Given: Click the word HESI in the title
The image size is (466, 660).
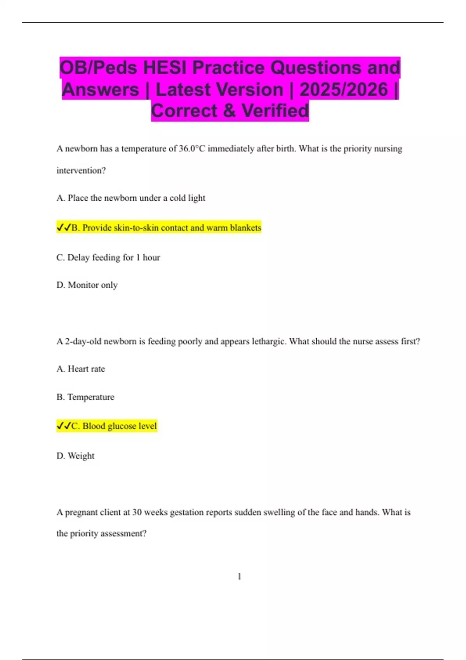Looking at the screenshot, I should [165, 68].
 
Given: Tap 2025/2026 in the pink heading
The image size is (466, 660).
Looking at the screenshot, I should [343, 89].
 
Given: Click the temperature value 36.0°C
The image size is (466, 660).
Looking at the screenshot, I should [192, 149].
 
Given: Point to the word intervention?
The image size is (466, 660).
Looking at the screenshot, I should [81, 170].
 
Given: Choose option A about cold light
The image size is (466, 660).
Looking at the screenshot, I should [131, 198].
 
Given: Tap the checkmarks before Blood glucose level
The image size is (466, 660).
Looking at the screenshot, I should [63, 426].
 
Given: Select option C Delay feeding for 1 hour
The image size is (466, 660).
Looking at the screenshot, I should [108, 257].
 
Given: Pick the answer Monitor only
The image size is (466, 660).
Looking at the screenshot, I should [87, 285].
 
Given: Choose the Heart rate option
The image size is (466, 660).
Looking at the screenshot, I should [81, 369].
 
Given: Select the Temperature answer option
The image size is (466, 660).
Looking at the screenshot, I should [85, 397].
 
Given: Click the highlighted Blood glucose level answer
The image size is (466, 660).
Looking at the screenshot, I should [114, 426].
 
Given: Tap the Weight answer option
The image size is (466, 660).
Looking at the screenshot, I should [75, 456].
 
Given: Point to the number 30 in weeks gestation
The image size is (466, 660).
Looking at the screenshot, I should [137, 512].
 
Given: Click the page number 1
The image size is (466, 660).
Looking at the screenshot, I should [239, 577].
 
